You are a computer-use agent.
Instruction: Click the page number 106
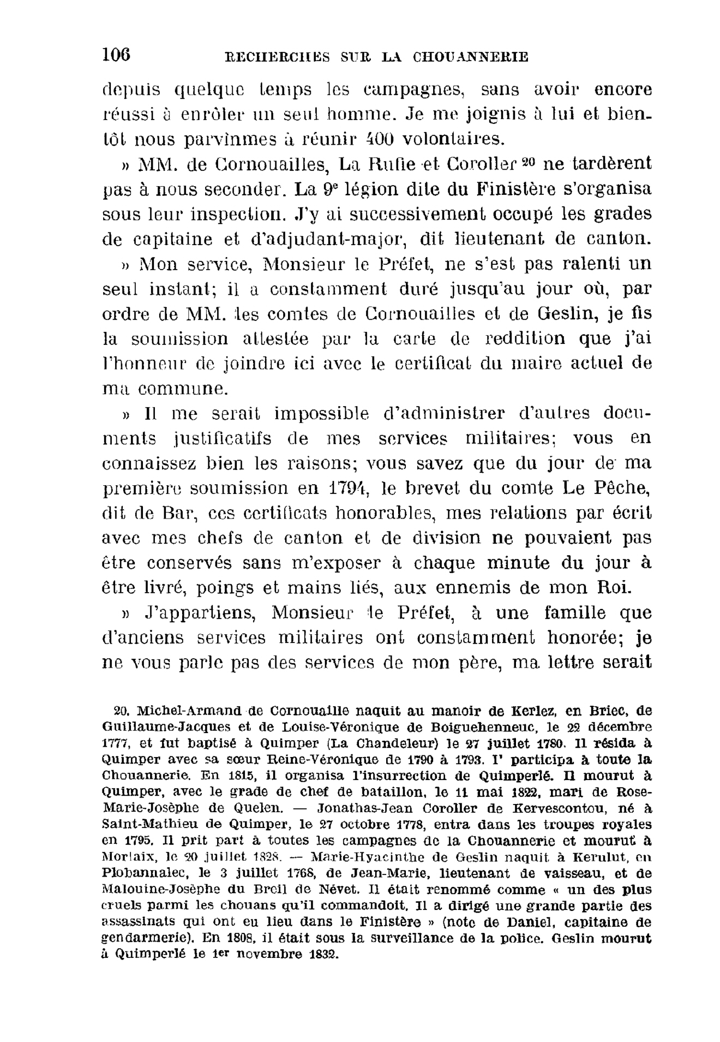pos(116,55)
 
